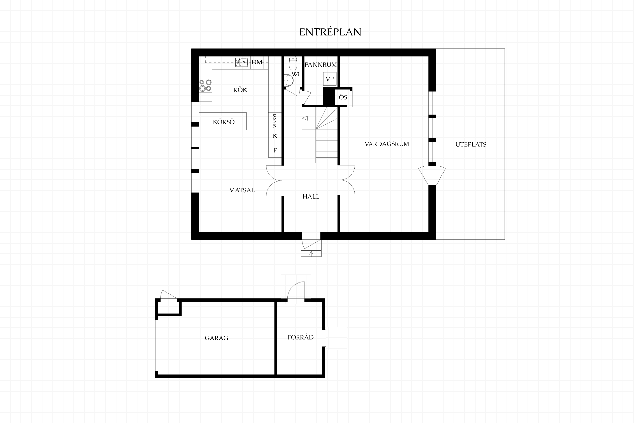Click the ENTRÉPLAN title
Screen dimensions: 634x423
330,32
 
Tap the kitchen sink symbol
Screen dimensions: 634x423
242,62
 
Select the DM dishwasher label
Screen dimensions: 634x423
257,62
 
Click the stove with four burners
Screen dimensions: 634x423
205,85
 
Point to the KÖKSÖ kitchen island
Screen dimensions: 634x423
223,121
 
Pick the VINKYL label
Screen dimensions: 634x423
275,120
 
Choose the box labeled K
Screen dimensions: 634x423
275,136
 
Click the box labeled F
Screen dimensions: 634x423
275,150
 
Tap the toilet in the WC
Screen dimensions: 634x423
293,62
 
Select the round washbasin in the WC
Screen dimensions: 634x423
288,80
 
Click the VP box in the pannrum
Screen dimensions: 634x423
330,79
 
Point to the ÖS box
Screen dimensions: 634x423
343,97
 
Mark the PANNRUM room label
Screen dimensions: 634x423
321,65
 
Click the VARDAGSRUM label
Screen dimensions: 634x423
387,144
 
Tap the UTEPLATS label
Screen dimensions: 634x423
471,144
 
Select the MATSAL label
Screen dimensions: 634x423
242,190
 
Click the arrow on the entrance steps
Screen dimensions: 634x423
311,253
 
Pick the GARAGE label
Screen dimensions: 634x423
218,338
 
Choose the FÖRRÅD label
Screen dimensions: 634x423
300,337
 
